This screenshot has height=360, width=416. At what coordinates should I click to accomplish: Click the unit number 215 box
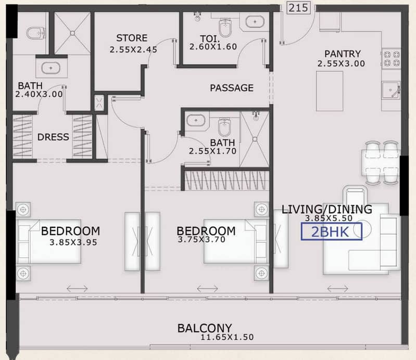tap(298, 7)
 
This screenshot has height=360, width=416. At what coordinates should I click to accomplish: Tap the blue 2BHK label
tap(331, 232)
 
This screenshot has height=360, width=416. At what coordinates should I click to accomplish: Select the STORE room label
tap(132, 38)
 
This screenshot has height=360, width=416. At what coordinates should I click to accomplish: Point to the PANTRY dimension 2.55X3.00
tap(341, 63)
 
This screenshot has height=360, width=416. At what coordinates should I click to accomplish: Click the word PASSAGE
tap(232, 88)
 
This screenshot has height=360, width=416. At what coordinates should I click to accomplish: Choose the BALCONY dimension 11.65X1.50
tap(227, 337)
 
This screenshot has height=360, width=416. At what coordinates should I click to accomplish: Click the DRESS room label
tap(53, 137)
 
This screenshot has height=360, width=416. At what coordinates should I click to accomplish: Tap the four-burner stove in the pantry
tap(391, 59)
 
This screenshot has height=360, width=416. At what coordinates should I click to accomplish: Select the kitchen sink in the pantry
tap(391, 91)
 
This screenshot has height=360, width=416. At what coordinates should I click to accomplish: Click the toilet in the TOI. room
tap(225, 27)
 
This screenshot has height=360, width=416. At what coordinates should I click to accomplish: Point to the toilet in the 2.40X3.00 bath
tap(36, 33)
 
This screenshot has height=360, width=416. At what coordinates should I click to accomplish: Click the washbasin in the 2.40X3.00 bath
tap(51, 68)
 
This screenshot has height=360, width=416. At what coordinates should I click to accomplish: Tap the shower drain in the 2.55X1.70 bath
tap(255, 139)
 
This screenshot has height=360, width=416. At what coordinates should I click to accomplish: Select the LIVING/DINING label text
tap(326, 209)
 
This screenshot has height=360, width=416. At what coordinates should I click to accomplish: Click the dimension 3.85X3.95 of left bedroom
tap(73, 242)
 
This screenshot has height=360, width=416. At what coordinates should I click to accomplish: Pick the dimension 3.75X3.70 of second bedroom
tap(201, 240)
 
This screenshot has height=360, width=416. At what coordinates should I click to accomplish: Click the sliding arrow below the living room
tap(338, 288)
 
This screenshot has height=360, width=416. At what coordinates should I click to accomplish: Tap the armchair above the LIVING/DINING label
tap(355, 196)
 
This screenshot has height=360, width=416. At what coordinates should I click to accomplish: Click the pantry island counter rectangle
tap(330, 91)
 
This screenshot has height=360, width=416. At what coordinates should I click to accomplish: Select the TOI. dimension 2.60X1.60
tap(213, 47)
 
